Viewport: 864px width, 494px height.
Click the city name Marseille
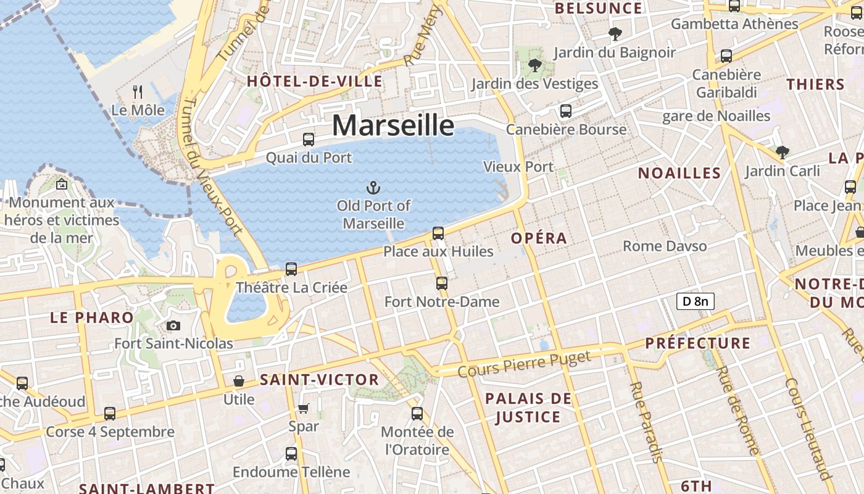click(x=393, y=125)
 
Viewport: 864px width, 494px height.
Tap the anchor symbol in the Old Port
click(x=373, y=187)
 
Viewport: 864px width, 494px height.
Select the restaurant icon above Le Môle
click(x=138, y=92)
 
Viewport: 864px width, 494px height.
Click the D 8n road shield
click(x=696, y=301)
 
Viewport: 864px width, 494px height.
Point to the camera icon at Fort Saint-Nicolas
click(x=173, y=325)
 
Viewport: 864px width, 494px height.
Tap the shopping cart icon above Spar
click(x=304, y=408)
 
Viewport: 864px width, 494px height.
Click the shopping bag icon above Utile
click(x=238, y=381)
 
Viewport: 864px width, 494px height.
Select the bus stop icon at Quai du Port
click(x=309, y=140)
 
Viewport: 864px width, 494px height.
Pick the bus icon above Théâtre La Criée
click(x=291, y=269)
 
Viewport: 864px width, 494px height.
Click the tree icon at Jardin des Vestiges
click(x=534, y=65)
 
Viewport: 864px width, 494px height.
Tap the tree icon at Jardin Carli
click(x=782, y=151)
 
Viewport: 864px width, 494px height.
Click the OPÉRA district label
click(x=539, y=238)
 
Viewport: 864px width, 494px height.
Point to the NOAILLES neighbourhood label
click(x=679, y=173)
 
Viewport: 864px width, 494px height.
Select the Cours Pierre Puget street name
click(x=525, y=364)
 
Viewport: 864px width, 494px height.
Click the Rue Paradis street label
click(x=646, y=422)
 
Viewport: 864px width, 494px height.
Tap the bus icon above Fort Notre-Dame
click(x=442, y=283)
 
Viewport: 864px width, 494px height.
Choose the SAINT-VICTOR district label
click(x=319, y=380)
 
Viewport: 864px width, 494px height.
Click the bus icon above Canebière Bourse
click(x=565, y=111)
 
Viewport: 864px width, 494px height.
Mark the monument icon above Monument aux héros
click(x=62, y=184)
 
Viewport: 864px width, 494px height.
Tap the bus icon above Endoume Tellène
click(x=291, y=454)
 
